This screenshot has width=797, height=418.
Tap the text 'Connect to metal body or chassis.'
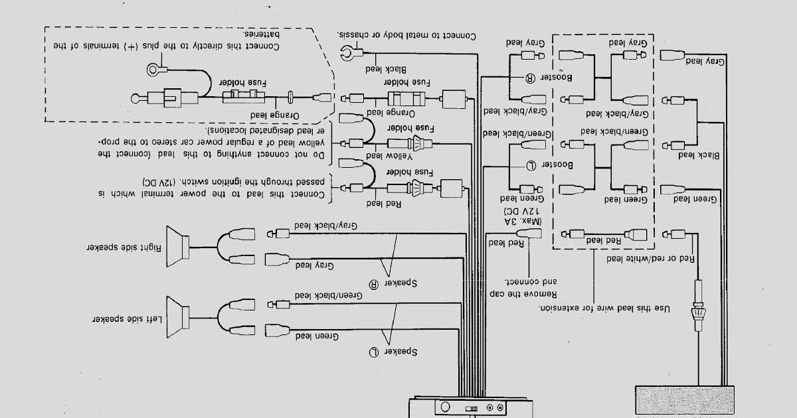pos(406,33)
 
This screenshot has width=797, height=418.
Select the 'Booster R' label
pos(539,76)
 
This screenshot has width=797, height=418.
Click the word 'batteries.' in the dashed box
pos(261,33)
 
